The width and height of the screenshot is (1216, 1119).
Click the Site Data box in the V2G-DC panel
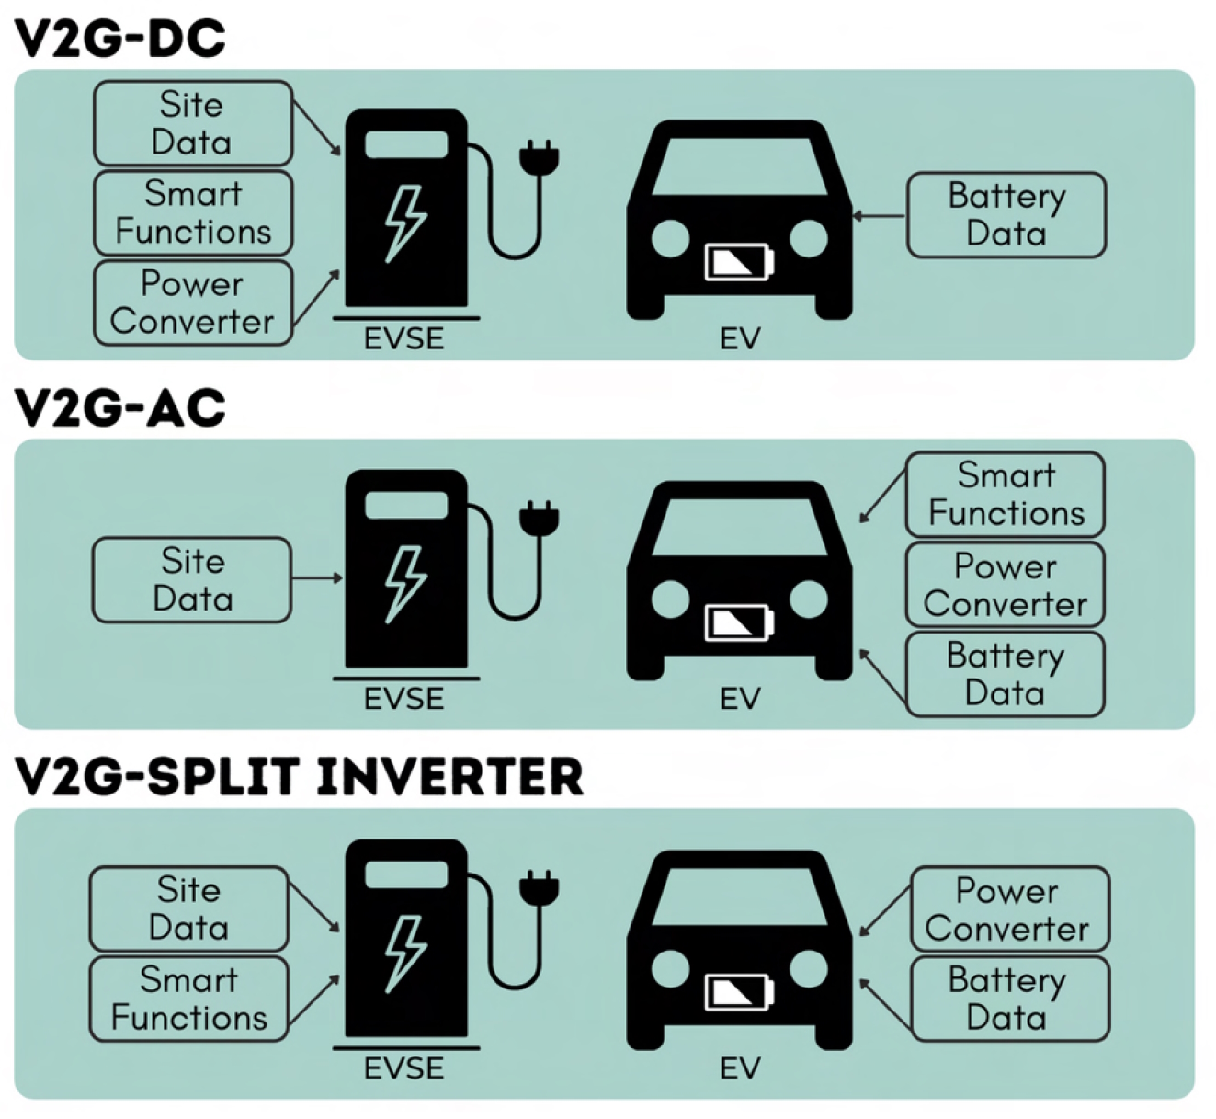tap(193, 123)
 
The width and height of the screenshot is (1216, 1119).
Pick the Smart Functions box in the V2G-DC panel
tap(193, 213)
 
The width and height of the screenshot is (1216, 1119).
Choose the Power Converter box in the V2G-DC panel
tap(193, 303)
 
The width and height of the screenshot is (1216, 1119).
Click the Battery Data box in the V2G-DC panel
tap(1006, 215)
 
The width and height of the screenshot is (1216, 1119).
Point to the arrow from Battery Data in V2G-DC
tap(879, 215)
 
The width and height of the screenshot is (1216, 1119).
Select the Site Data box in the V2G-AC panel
tap(192, 580)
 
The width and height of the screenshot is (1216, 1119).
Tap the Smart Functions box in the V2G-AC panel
tap(1005, 495)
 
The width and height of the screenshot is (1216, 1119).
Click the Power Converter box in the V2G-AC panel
tap(1005, 585)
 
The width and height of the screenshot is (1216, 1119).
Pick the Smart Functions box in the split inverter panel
tap(189, 999)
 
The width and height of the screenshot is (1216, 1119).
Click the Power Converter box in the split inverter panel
tap(1010, 909)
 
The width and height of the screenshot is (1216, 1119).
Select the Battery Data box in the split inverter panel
tap(1010, 999)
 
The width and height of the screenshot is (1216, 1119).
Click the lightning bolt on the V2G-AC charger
tap(406, 585)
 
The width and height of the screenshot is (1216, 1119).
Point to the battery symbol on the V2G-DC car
tap(739, 262)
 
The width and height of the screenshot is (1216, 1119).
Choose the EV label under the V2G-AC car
tap(740, 699)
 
